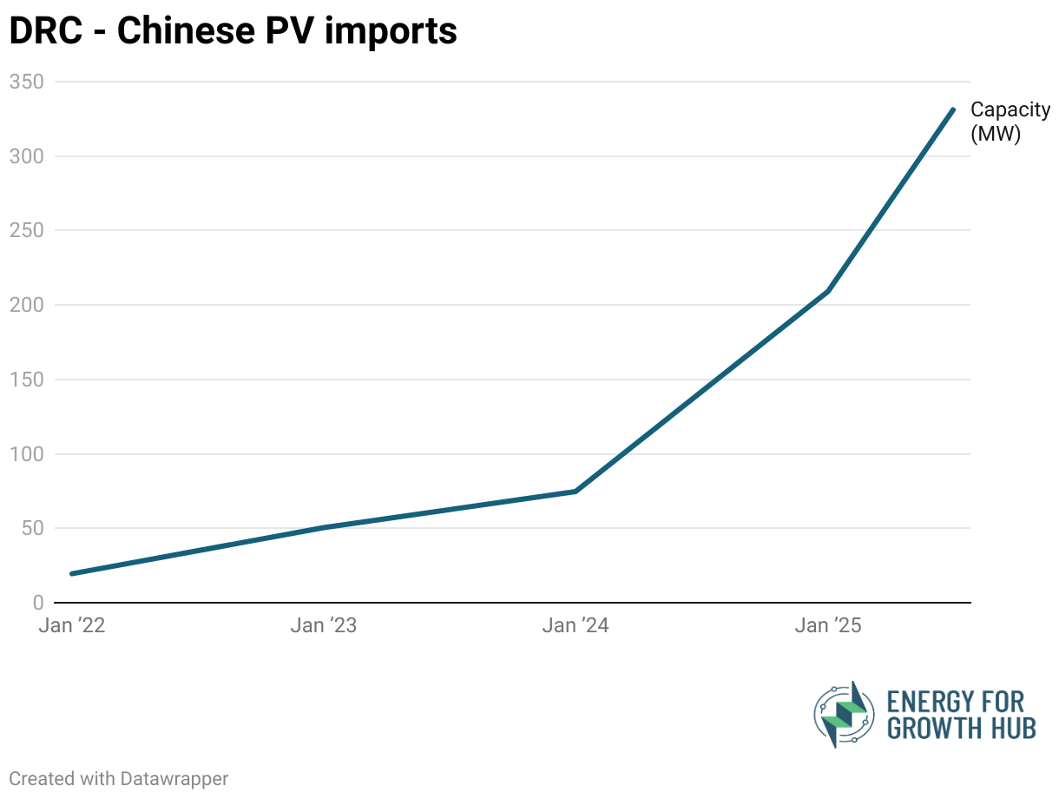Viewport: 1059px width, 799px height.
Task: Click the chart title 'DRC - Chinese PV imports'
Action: (233, 31)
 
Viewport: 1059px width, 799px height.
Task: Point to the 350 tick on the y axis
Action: (26, 82)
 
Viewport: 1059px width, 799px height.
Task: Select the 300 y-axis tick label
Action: (26, 156)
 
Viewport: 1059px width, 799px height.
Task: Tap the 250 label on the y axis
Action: (26, 231)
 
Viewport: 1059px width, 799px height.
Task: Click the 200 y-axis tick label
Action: (26, 305)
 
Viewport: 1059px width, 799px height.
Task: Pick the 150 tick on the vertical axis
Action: (26, 380)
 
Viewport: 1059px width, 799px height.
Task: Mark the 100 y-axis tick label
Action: (26, 454)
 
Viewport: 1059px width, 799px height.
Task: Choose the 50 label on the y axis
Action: (31, 528)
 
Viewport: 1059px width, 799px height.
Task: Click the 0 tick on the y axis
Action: (37, 603)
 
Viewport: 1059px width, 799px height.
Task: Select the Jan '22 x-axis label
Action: (72, 626)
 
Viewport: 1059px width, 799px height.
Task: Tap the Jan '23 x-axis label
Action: (323, 626)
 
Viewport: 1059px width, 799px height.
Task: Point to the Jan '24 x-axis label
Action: (576, 626)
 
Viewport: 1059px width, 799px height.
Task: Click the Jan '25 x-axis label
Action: (828, 626)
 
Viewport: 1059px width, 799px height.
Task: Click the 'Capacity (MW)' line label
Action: (1010, 122)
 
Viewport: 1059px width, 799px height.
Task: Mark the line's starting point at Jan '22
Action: (71, 573)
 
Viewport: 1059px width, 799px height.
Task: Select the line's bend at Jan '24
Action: (576, 492)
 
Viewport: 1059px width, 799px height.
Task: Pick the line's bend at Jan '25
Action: (828, 291)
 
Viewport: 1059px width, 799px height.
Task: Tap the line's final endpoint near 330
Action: (953, 109)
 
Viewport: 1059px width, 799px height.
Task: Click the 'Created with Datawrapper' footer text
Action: (119, 778)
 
